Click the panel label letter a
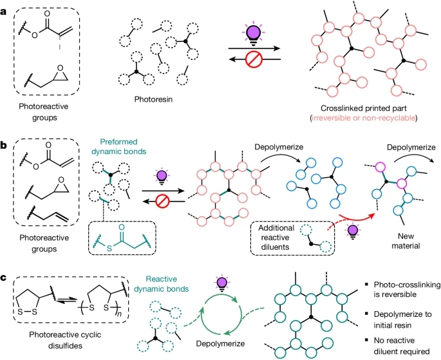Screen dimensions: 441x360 point(4,12)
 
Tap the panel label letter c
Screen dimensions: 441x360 point(4,278)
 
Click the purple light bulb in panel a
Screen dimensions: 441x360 point(254,33)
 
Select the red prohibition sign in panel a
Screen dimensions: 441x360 point(254,60)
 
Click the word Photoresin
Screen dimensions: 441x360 point(153,99)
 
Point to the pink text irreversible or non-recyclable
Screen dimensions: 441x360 point(364,118)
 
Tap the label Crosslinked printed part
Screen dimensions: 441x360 point(364,108)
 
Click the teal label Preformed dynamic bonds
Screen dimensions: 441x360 point(118,147)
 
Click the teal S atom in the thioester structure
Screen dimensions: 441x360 point(109,249)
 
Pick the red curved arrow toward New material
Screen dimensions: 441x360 point(356,219)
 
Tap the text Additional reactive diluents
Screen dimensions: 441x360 point(275,238)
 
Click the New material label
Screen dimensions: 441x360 point(406,241)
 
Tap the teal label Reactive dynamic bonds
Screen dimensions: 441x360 point(161,284)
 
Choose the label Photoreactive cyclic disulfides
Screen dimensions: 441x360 point(65,340)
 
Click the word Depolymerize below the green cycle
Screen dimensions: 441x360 point(220,344)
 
